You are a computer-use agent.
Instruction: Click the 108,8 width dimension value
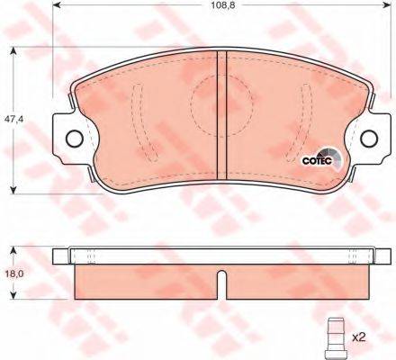(222, 5)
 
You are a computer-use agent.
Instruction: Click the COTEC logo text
(317, 161)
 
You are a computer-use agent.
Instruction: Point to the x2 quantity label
(359, 338)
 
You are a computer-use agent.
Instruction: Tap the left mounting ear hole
(74, 139)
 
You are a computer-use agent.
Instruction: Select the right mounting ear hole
(369, 139)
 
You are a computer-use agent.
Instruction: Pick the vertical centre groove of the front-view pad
(221, 115)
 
